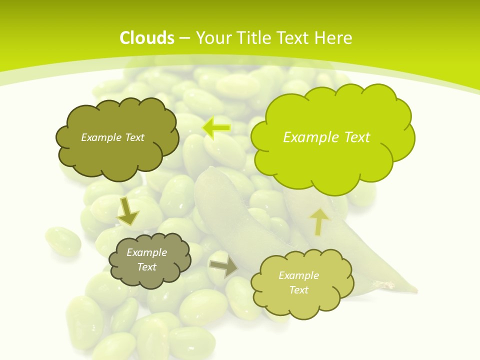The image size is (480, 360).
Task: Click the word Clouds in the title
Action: click(147, 38)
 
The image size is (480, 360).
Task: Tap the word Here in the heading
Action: click(334, 38)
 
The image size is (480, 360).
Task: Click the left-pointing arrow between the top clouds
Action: click(216, 128)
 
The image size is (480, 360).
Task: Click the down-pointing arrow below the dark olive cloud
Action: click(127, 211)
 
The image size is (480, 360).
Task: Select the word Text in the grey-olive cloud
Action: click(147, 267)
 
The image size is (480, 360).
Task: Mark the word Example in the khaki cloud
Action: click(298, 275)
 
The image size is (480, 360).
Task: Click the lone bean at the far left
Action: click(63, 241)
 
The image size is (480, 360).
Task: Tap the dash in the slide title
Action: click(184, 38)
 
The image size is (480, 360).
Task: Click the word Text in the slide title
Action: click(292, 38)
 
